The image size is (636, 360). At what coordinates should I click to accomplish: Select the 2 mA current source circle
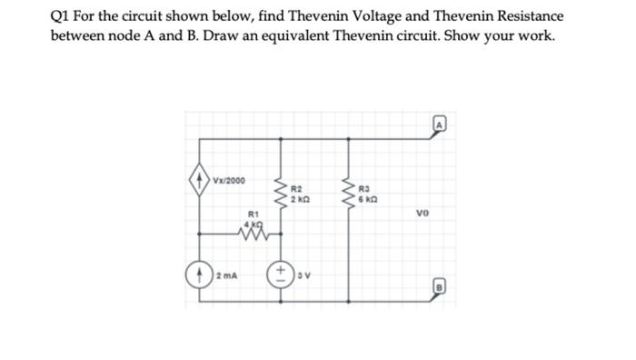[194, 274]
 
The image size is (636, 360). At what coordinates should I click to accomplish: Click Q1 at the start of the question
[62, 17]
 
